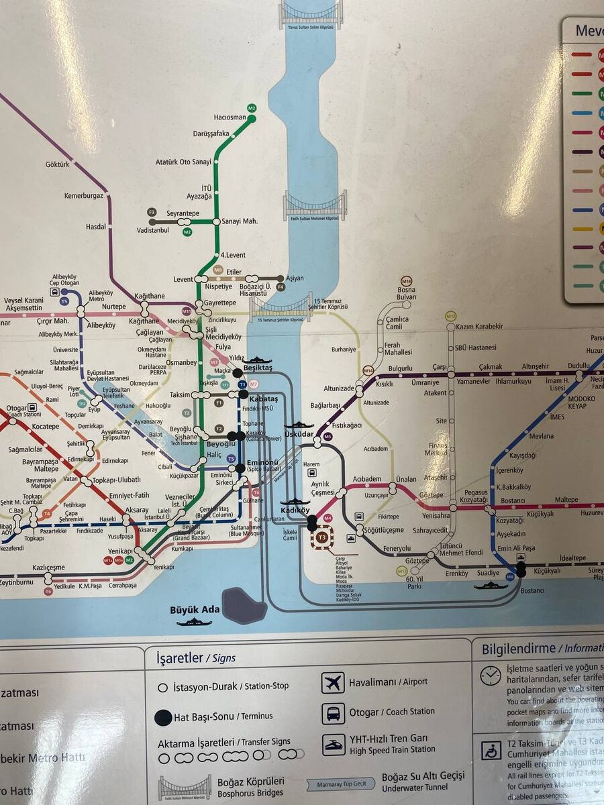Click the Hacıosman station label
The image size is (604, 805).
(x=230, y=117)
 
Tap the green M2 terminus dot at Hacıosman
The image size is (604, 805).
(x=252, y=119)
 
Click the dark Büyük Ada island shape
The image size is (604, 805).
(x=244, y=604)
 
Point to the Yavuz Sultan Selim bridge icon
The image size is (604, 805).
(x=311, y=15)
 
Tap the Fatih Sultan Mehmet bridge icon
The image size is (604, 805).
(x=315, y=206)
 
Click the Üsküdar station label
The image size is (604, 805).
(x=299, y=434)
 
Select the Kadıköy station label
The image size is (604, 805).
(x=294, y=510)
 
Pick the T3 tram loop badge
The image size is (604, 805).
(x=322, y=537)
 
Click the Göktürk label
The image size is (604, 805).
(x=57, y=164)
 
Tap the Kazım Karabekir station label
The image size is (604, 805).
(x=479, y=327)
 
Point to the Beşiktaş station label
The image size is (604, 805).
(x=258, y=368)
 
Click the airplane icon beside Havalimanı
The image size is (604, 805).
(x=333, y=682)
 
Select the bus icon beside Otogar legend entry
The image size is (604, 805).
(x=333, y=712)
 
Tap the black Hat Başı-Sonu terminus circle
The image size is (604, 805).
(x=162, y=717)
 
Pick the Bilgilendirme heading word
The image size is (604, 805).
(x=518, y=649)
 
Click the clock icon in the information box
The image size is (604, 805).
(x=491, y=676)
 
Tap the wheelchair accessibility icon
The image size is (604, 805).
(x=491, y=750)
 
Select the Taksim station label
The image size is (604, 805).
(x=179, y=395)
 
